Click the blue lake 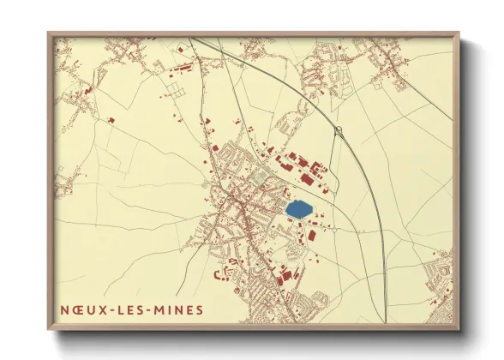coord(298,209)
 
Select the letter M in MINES coord(165,309)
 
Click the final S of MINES coord(200,309)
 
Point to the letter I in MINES coord(173,309)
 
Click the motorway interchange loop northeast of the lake coord(339,131)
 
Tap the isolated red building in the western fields coord(111,120)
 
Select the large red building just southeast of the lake coord(312,234)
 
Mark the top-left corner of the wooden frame coord(48,33)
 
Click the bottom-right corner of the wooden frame coord(459,329)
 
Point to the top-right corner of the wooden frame coord(459,33)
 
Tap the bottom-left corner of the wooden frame coord(48,329)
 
